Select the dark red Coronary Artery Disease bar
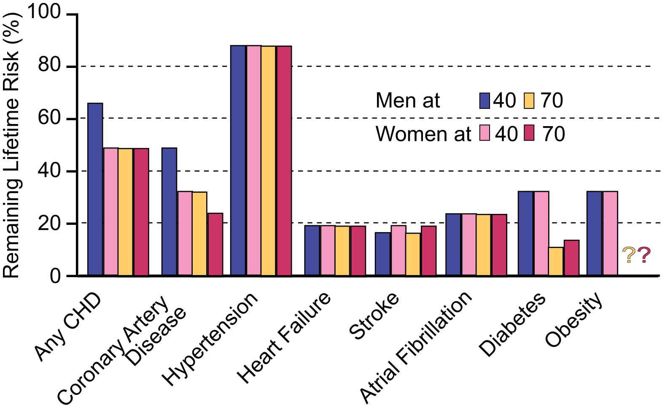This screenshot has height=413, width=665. (215, 244)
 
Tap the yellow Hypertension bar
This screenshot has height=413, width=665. (269, 161)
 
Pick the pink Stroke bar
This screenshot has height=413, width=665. (398, 251)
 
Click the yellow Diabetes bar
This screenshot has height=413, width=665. (556, 262)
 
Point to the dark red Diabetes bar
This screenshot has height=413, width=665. (571, 258)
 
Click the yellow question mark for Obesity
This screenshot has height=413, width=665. (629, 256)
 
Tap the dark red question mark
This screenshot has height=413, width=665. (644, 256)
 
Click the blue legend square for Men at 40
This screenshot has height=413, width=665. (485, 101)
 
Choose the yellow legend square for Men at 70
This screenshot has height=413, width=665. (529, 101)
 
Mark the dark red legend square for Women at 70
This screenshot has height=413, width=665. (529, 134)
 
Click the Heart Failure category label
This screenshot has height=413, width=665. (284, 337)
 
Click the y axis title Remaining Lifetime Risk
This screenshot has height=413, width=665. (11, 143)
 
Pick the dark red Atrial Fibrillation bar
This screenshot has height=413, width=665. (499, 245)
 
